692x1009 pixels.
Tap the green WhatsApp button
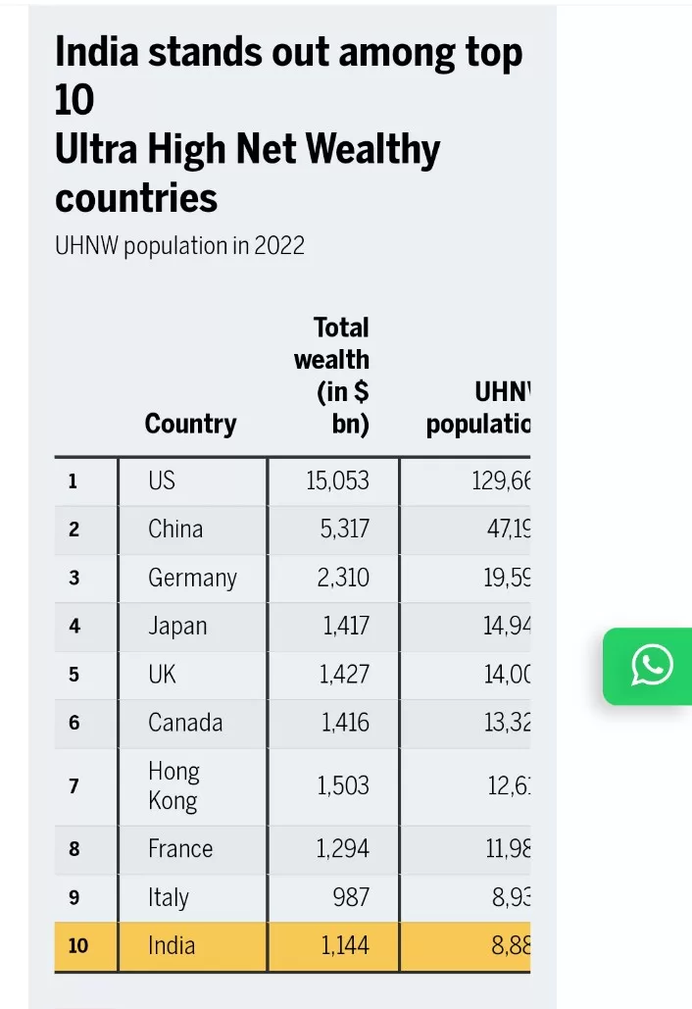[651, 666]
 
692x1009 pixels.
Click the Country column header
[190, 424]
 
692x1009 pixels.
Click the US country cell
[162, 480]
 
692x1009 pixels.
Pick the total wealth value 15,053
[337, 480]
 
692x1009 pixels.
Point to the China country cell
[175, 530]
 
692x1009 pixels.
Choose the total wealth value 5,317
[343, 530]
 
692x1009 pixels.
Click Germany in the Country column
[192, 579]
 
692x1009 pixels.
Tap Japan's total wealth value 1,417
[346, 627]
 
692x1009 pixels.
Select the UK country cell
[162, 675]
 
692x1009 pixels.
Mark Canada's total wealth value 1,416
[346, 723]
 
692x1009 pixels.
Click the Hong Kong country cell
[173, 785]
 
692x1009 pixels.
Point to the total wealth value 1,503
[344, 785]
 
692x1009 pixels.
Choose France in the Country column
[180, 848]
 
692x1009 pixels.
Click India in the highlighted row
[172, 945]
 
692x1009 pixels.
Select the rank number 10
[76, 946]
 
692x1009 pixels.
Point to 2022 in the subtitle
[279, 245]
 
